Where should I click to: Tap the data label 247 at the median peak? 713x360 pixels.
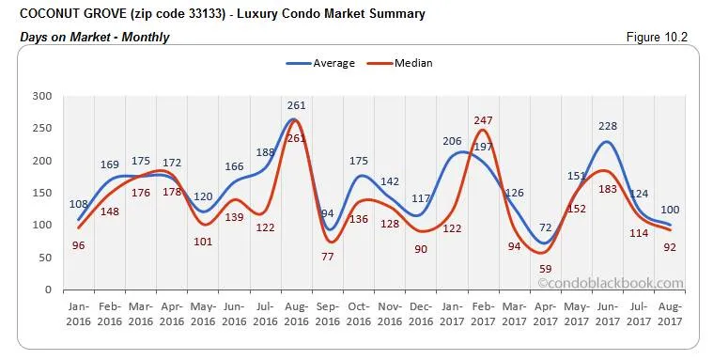pyautogui.click(x=483, y=120)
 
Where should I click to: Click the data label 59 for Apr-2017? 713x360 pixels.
pyautogui.click(x=544, y=268)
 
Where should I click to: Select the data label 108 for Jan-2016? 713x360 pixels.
pyautogui.click(x=78, y=204)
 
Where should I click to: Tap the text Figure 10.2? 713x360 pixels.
pyautogui.click(x=663, y=37)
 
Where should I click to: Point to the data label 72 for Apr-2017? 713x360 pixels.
pyautogui.click(x=546, y=228)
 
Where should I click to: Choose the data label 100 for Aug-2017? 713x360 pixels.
pyautogui.click(x=669, y=210)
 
